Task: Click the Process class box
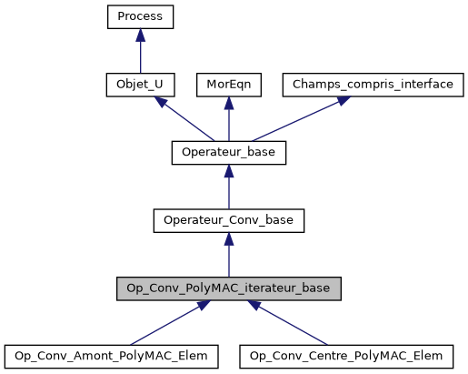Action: tap(139, 16)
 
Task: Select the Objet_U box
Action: tap(139, 85)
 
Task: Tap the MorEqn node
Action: tap(228, 85)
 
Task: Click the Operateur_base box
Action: tap(228, 152)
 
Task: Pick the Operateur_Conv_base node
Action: tap(228, 220)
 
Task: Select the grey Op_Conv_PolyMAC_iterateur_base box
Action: tap(228, 288)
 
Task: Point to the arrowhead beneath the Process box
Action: tap(139, 34)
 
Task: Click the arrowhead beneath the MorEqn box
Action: tap(228, 102)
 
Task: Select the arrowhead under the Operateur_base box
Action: tap(228, 170)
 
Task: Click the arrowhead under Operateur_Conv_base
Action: tap(228, 238)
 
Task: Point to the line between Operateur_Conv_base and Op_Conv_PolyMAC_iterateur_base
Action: tap(228, 259)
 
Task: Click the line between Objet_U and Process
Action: tap(139, 56)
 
